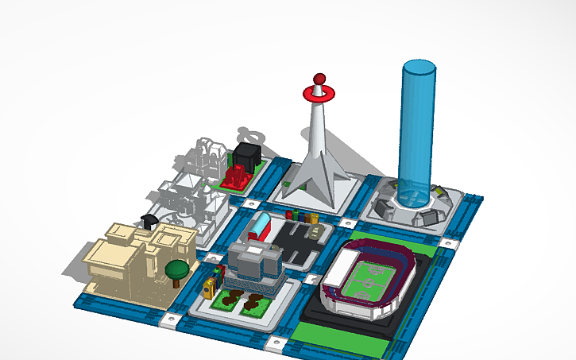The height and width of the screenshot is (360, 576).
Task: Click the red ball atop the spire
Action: [x=319, y=78]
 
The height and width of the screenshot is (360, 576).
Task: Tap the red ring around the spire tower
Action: [x=319, y=96]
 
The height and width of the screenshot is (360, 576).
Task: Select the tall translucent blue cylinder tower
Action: [x=418, y=127]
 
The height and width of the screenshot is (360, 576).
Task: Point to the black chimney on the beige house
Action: [x=148, y=220]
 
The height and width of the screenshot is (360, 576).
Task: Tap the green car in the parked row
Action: [x=296, y=215]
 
